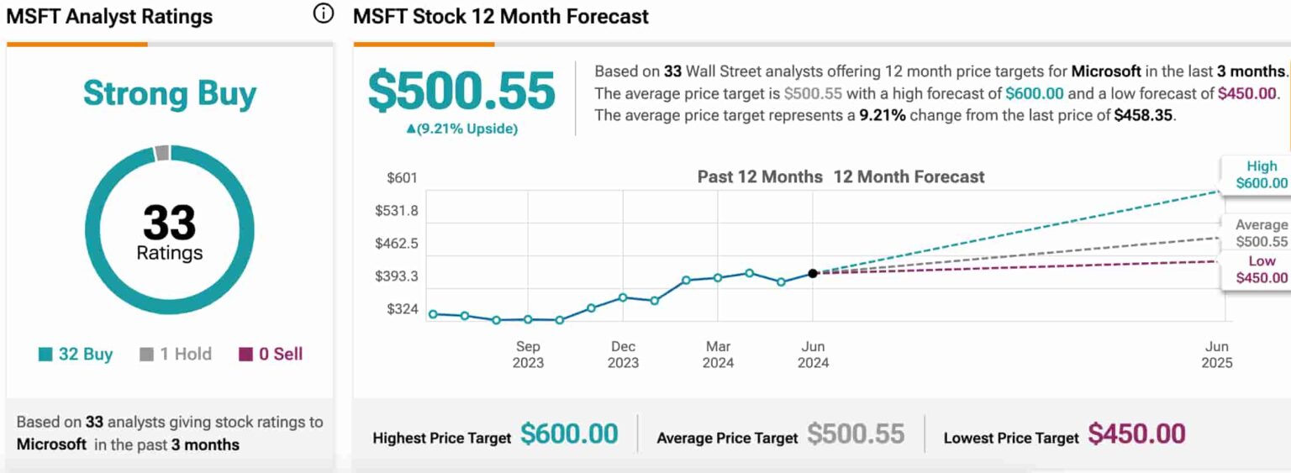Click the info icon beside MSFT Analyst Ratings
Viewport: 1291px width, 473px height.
pos(323,14)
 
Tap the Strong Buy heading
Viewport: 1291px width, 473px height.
pos(169,93)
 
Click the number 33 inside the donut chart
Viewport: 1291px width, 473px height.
pos(169,223)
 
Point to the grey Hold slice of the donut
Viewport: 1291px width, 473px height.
pos(161,153)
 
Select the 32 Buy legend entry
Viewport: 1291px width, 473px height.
pos(76,354)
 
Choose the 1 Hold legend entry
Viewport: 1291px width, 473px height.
pos(176,354)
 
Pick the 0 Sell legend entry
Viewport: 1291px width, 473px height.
pos(271,354)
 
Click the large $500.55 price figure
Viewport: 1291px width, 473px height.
pos(461,91)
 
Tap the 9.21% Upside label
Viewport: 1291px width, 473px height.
pos(461,129)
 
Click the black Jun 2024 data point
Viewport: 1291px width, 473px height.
pos(813,273)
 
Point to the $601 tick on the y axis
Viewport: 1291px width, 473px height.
pos(402,178)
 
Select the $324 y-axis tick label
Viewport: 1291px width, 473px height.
pos(402,309)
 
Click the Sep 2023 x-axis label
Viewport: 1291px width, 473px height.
pos(528,355)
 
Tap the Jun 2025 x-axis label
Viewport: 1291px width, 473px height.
pos(1216,355)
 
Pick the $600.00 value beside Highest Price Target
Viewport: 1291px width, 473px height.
pos(569,434)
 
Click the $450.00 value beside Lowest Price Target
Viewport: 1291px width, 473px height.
pos(1136,434)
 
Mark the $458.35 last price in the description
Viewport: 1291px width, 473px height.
pos(1143,115)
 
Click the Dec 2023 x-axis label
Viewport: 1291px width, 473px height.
pos(623,355)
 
